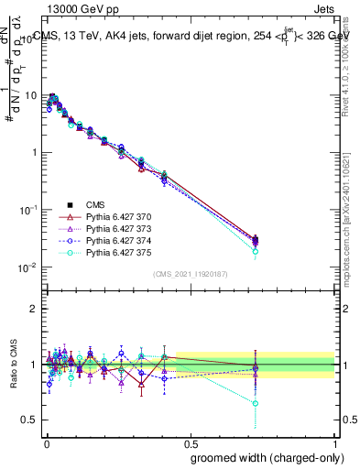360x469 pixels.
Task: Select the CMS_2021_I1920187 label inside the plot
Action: [x=190, y=274]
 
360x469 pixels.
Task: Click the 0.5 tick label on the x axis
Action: [x=189, y=441]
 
